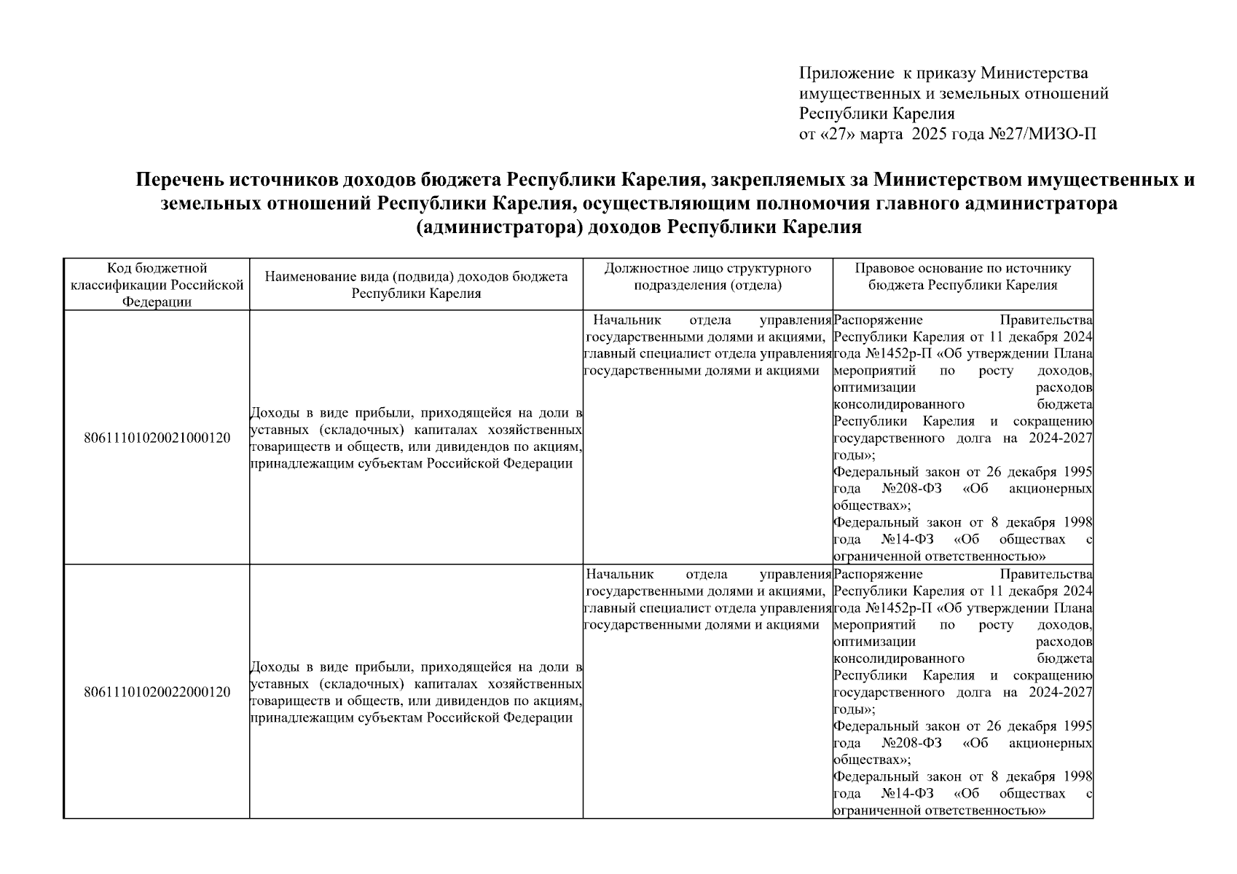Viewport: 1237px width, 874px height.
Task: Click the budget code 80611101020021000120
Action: coord(157,438)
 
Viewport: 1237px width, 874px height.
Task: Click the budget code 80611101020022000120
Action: coord(157,692)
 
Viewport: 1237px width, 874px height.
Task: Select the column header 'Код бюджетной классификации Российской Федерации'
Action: coord(157,285)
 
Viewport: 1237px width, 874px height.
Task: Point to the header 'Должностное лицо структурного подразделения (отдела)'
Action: coord(707,277)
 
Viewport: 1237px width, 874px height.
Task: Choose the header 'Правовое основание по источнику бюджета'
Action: coord(962,277)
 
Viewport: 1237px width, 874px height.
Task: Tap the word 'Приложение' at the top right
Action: coord(846,73)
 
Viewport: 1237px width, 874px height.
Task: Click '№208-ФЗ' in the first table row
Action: coord(911,489)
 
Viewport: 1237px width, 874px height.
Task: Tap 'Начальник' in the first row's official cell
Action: coord(627,320)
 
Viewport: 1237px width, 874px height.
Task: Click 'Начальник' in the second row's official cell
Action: coord(620,575)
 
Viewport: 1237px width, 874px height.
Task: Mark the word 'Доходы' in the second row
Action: coord(272,667)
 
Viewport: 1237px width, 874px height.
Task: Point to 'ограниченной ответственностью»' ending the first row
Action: coord(940,556)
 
